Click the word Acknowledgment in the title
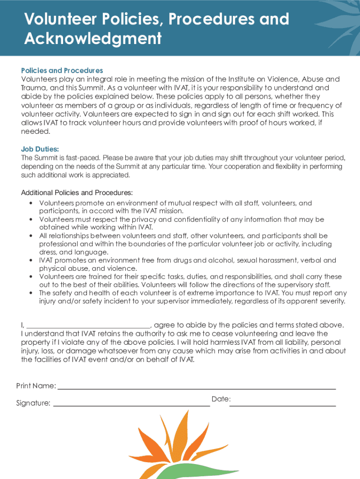pos(93,38)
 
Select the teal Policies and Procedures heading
pos(62,71)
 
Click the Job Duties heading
pos(40,149)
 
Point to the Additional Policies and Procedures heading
pos(77,193)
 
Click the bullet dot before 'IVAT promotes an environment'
pos(31,261)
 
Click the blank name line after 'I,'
pos(88,327)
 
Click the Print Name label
pos(36,386)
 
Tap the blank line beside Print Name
pos(196,388)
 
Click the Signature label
pos(33,403)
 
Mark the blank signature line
pos(131,405)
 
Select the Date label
pos(221,399)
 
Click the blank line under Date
pos(282,405)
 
